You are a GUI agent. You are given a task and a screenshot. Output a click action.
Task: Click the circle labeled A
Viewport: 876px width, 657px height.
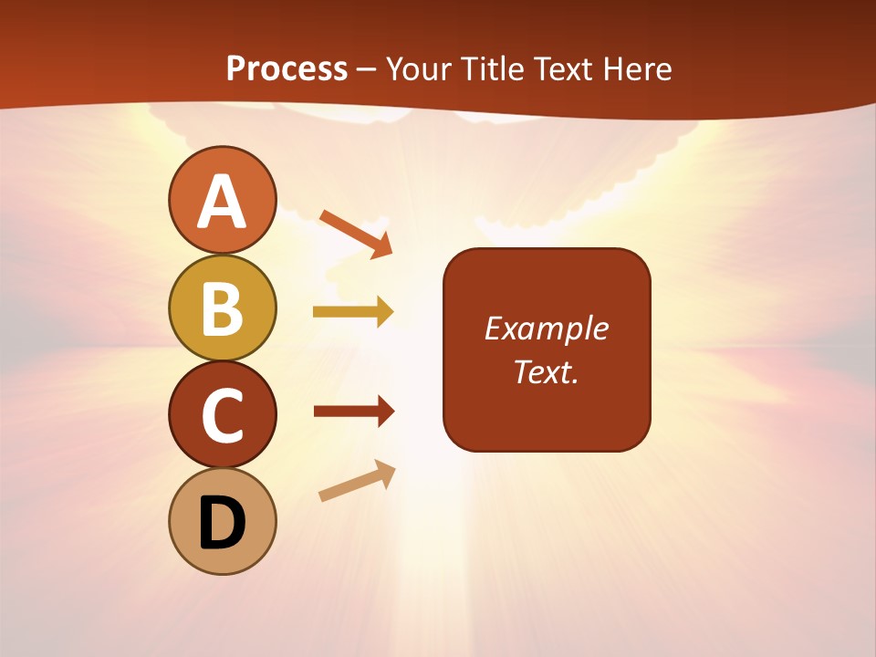click(223, 200)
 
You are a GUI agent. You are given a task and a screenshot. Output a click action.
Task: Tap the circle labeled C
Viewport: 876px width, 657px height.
click(223, 415)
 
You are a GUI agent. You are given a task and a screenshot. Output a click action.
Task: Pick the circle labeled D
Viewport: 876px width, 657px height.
click(223, 522)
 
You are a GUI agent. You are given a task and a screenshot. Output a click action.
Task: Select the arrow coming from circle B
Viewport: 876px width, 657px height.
click(353, 312)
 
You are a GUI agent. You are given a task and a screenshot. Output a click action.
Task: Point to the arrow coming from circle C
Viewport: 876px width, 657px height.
click(353, 412)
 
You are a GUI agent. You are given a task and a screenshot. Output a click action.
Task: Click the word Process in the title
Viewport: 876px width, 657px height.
click(287, 69)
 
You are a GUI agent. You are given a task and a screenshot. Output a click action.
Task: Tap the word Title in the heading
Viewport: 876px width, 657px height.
click(493, 69)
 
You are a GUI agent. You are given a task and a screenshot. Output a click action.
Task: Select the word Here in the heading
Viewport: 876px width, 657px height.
click(636, 69)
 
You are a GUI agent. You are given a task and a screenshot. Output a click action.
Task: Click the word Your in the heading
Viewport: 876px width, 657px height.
click(418, 69)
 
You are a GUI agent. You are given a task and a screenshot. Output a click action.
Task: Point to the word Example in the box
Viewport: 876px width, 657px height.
click(546, 328)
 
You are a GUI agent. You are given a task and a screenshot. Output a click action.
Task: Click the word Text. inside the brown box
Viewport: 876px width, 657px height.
click(546, 371)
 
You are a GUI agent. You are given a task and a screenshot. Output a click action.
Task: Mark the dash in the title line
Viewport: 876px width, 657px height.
click(367, 70)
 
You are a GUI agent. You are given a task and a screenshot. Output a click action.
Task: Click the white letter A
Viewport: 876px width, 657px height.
click(223, 202)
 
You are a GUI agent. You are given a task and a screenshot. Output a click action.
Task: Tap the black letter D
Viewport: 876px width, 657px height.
click(223, 524)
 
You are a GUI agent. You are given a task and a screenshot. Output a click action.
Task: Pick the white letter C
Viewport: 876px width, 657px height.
click(223, 416)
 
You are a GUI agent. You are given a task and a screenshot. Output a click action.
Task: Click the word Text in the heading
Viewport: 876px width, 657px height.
click(564, 69)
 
